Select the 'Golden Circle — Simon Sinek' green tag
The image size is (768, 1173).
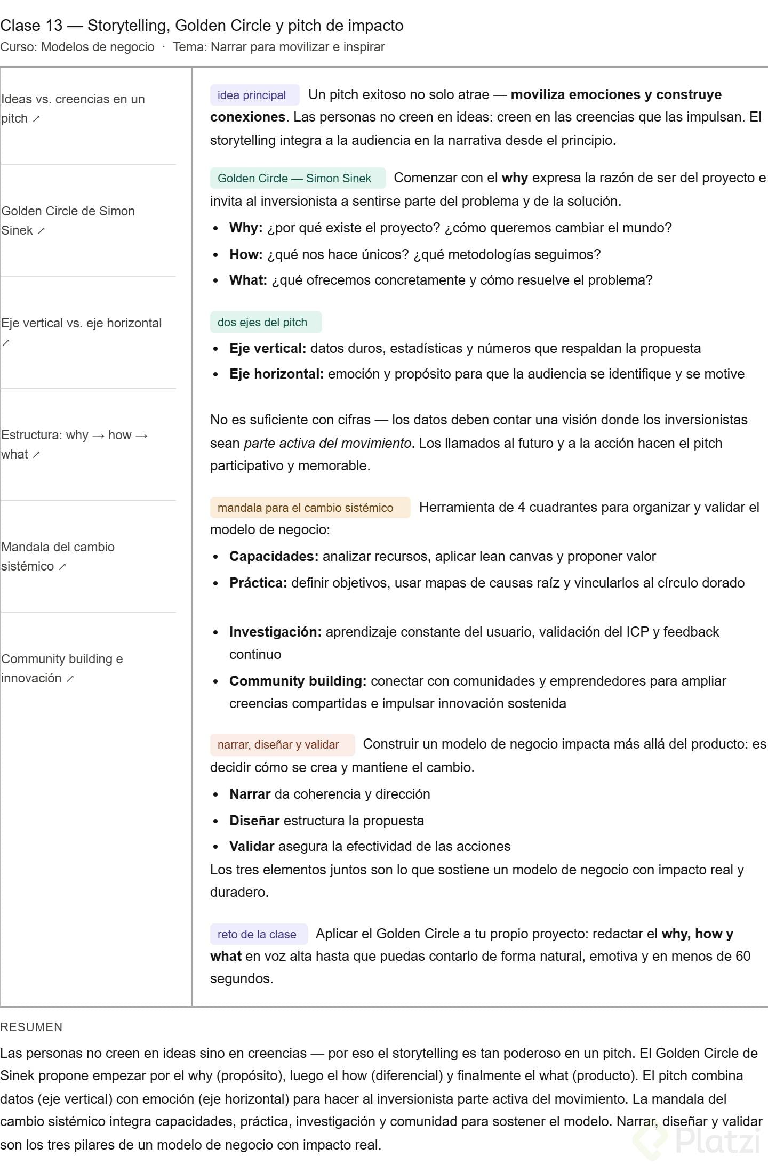(x=294, y=178)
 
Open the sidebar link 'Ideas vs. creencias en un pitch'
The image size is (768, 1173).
(x=73, y=108)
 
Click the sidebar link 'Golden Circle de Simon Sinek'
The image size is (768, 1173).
(x=68, y=220)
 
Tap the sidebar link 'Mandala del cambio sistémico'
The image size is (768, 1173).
(x=58, y=556)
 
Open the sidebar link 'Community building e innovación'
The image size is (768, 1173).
(x=62, y=668)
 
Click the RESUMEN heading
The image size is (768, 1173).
(x=31, y=1027)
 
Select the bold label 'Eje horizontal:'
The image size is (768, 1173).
(x=276, y=374)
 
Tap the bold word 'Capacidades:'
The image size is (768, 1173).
(x=274, y=556)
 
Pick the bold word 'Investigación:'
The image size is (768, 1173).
(x=275, y=632)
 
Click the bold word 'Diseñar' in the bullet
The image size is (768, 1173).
(x=254, y=821)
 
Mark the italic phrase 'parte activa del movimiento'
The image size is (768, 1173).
(x=327, y=443)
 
